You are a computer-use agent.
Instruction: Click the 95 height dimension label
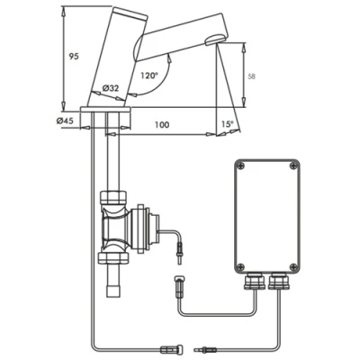(x=74, y=56)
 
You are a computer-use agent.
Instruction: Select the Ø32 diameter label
(x=112, y=87)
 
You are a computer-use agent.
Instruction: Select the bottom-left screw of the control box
(x=241, y=265)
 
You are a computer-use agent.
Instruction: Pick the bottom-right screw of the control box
(x=292, y=265)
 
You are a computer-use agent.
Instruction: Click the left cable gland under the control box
(x=253, y=283)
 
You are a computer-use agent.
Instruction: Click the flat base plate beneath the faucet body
(x=107, y=110)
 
